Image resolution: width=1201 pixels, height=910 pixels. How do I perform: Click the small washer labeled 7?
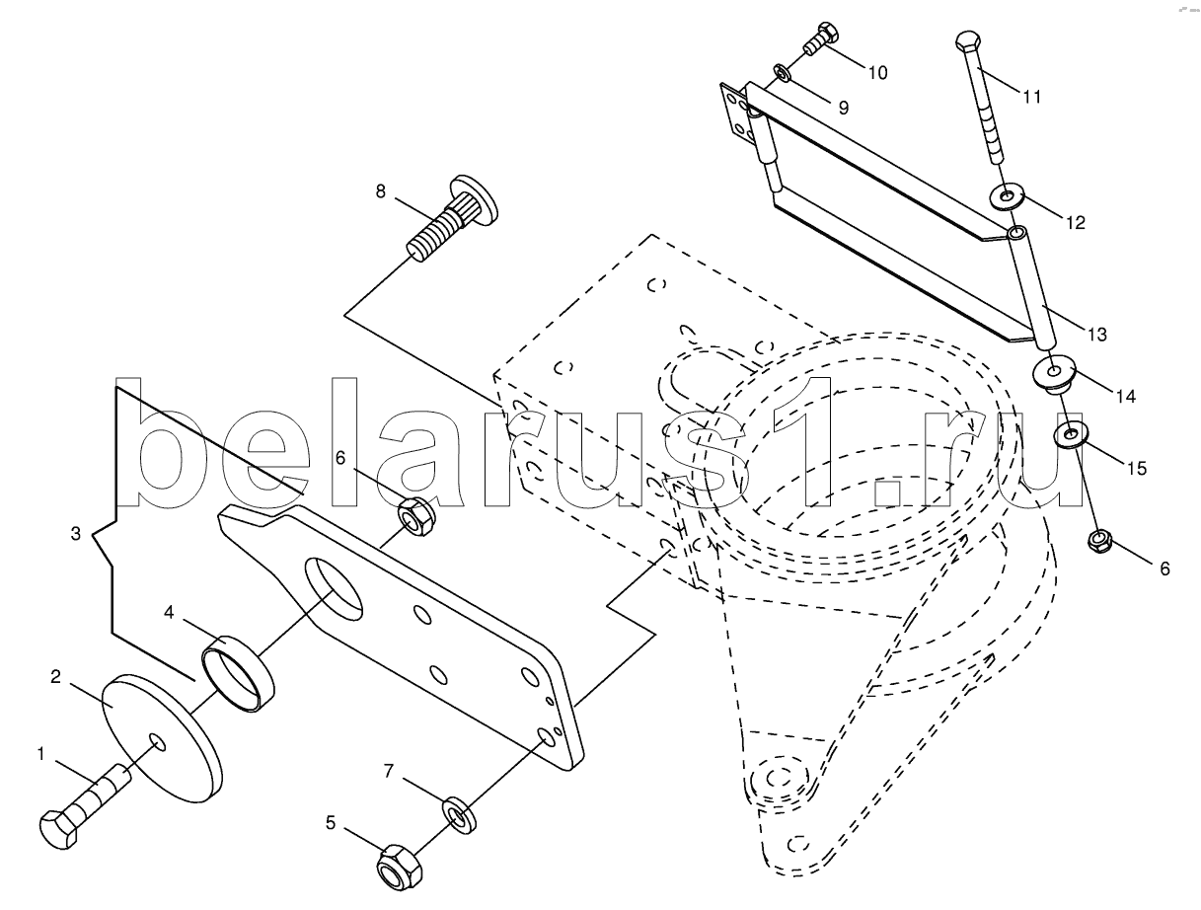(457, 812)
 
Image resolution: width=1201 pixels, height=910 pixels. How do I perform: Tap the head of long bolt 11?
(968, 44)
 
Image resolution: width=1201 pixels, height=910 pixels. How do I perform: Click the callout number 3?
(76, 535)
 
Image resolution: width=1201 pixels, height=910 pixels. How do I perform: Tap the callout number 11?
(1031, 97)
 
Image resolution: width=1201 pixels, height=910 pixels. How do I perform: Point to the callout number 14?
(1124, 397)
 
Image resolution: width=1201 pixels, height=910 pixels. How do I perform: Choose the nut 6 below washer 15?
(1098, 541)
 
